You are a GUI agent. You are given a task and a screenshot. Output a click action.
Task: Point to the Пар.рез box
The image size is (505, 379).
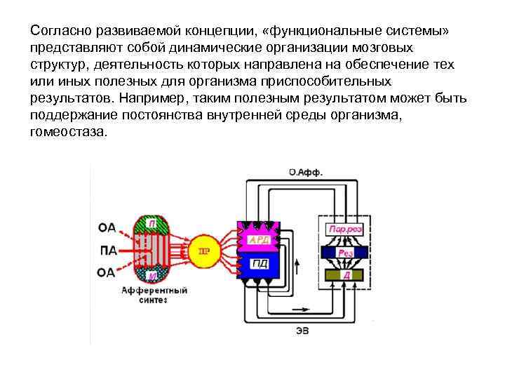pos(344,230)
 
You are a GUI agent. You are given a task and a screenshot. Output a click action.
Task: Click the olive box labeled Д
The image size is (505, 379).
pos(344,275)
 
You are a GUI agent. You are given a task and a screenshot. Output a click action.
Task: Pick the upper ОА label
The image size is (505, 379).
pos(107,227)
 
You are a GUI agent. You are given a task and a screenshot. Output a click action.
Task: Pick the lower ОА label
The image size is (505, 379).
pos(107,273)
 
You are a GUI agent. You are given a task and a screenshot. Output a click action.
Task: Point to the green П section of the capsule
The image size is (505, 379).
pos(151,224)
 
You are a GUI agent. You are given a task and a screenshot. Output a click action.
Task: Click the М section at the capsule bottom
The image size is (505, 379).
pos(151,276)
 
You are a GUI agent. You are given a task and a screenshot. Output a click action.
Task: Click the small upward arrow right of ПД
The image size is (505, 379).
pos(297,265)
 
